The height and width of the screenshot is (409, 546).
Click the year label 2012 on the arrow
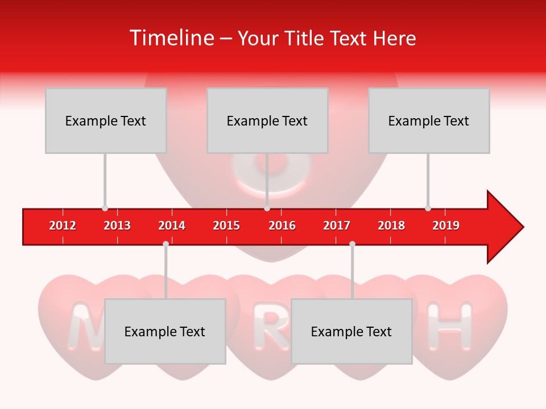coord(63,226)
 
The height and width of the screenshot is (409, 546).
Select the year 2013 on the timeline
coord(117,226)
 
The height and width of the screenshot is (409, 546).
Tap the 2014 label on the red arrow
coord(172,226)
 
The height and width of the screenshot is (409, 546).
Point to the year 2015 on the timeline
coord(226,226)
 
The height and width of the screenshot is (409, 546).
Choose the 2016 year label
coord(282,226)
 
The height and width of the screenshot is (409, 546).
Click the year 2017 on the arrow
coord(337,226)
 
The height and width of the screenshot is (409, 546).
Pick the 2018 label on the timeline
coord(391,226)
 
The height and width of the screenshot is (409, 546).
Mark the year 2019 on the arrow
coord(446,226)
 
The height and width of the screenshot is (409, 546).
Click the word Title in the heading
coord(304,39)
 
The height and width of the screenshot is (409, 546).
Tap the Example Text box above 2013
coord(106,120)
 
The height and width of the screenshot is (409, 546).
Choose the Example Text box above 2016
coord(267,120)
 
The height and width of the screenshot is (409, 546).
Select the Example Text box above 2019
coord(429,120)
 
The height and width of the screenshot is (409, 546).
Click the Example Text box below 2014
coord(165,331)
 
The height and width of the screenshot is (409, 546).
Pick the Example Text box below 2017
coord(351,331)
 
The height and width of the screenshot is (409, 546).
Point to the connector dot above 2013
coord(105,208)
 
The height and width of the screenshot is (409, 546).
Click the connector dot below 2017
coord(352,244)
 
